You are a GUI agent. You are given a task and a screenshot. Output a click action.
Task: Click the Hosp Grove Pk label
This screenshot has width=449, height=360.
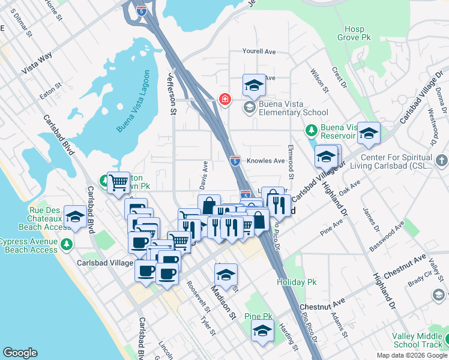(x=359, y=33)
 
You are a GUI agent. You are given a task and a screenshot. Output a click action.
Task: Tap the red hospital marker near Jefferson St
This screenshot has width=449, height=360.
(x=225, y=99)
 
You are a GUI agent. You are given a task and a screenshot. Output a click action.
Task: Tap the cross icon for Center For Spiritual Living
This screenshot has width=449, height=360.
(x=441, y=161)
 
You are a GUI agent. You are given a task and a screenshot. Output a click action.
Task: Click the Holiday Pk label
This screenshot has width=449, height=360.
(x=296, y=281)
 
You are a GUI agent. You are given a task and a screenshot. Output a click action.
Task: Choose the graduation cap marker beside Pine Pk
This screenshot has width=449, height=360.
(x=262, y=331)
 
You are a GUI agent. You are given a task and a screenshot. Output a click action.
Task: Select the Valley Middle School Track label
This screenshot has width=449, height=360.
(x=420, y=340)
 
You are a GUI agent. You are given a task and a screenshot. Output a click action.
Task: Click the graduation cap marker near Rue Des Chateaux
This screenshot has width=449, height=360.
(x=75, y=217)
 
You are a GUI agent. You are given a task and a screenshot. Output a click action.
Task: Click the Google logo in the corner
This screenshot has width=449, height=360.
(x=20, y=353)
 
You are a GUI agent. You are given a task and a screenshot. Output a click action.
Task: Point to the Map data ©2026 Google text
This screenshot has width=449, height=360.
(x=411, y=355)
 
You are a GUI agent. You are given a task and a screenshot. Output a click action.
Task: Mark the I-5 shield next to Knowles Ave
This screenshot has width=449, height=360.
(x=235, y=160)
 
